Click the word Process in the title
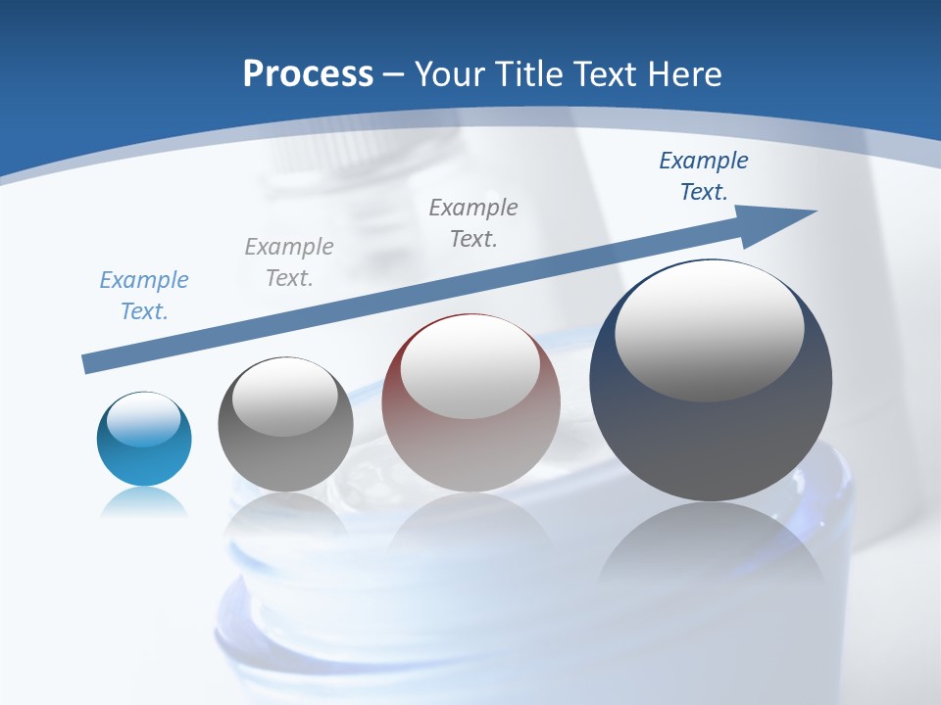pyautogui.click(x=308, y=73)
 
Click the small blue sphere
pyautogui.click(x=144, y=439)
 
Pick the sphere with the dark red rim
pyautogui.click(x=470, y=402)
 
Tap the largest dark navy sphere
pyautogui.click(x=711, y=380)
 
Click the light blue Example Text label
pyautogui.click(x=144, y=296)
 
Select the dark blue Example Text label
pyautogui.click(x=703, y=176)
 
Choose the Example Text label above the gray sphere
pyautogui.click(x=289, y=262)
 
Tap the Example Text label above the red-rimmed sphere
pyautogui.click(x=473, y=223)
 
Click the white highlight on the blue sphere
pyautogui.click(x=143, y=419)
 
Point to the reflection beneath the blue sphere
pyautogui.click(x=144, y=503)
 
